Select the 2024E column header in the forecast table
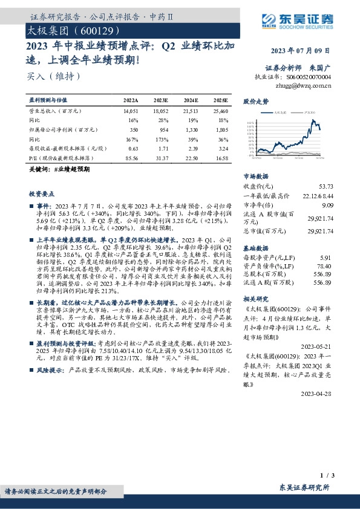tap(191, 99)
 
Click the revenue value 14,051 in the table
tap(131, 112)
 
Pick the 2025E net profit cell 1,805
tap(220, 130)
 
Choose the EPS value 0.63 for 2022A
tap(134, 148)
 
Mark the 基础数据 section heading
tap(255, 248)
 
